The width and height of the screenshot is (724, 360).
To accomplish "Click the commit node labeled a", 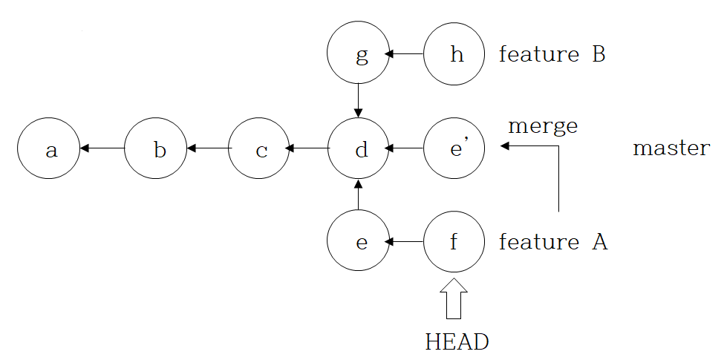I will pos(49,148).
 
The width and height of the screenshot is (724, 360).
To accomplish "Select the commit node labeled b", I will pos(156,148).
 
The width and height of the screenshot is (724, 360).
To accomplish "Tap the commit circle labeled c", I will pos(260,148).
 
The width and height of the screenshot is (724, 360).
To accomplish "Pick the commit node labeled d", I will pos(359,148).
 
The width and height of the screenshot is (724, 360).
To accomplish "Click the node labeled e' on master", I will pos(454,148).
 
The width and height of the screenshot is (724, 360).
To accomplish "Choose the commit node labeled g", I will pos(359,54).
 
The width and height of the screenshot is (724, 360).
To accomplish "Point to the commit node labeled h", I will pos(454,54).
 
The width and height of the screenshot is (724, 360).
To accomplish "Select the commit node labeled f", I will pos(454,242).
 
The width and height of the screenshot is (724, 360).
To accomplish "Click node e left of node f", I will pos(359,242).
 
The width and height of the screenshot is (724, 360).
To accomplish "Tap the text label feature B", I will pos(552,54).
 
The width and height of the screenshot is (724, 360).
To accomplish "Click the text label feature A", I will pos(553,242).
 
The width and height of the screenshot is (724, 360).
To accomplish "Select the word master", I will pos(671,148).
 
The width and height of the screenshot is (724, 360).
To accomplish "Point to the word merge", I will pos(542,126).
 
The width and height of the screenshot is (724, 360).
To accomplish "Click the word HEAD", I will pos(457,341).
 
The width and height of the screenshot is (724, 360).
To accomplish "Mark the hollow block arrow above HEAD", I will pos(454,298).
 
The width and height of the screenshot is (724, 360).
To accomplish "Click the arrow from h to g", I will pos(406,54).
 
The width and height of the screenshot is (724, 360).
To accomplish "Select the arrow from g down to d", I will pos(359,101).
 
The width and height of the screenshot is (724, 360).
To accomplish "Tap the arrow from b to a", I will pos(102,148).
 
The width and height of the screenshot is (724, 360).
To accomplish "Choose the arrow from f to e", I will pos(406,242).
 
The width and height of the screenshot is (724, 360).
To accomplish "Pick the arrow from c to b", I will pos(209,148).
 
